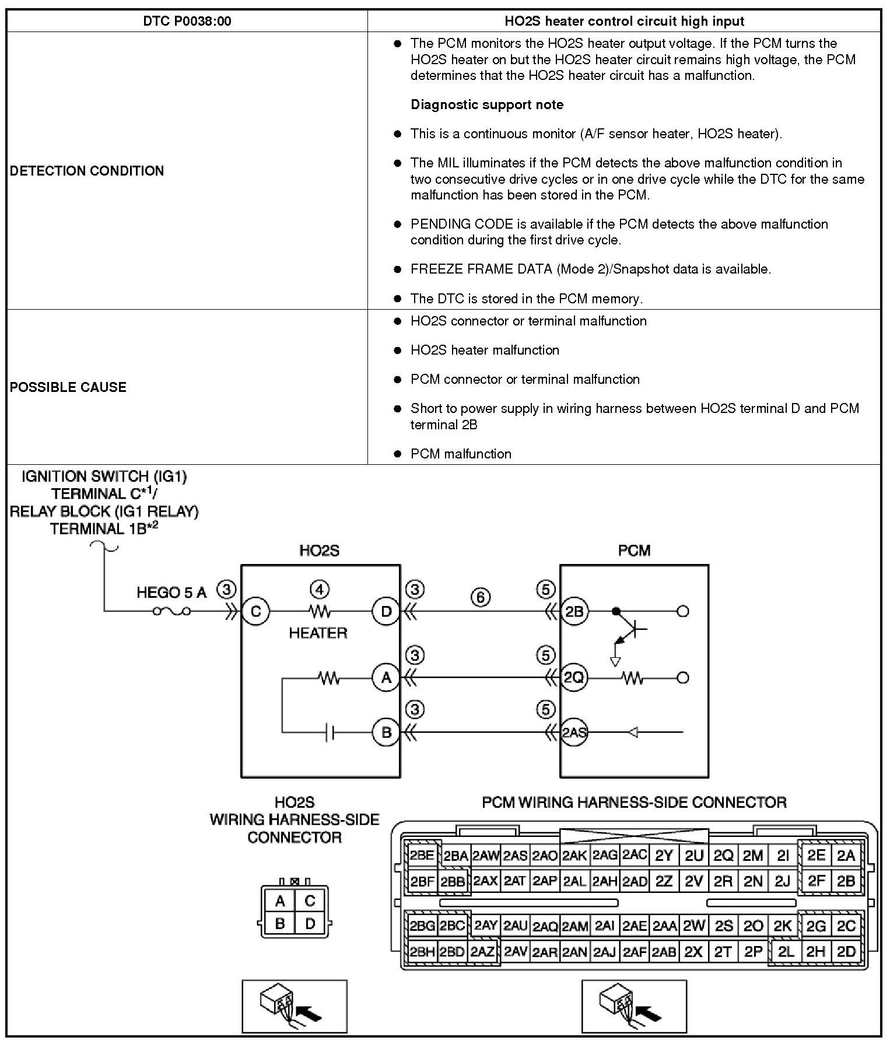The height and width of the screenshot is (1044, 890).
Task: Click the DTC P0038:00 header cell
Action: pyautogui.click(x=187, y=22)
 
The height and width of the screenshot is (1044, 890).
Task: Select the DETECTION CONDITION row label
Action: pyautogui.click(x=87, y=171)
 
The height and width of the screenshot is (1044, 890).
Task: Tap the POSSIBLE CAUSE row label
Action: pyautogui.click(x=68, y=387)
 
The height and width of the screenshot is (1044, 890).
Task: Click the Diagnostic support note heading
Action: pyautogui.click(x=487, y=105)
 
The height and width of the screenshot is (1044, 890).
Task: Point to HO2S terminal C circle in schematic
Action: pyautogui.click(x=255, y=612)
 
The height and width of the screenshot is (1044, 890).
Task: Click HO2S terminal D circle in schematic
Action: pyautogui.click(x=386, y=612)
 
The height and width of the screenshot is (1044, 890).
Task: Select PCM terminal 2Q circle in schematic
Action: pyautogui.click(x=574, y=678)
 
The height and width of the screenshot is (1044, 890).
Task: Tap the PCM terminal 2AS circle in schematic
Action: pyautogui.click(x=574, y=733)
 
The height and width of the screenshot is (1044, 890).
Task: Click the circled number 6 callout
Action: pyautogui.click(x=481, y=597)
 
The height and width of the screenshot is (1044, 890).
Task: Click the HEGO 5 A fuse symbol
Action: pyautogui.click(x=171, y=612)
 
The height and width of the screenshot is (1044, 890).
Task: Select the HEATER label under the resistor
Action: pyautogui.click(x=318, y=633)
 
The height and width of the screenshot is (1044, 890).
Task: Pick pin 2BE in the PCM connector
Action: pyautogui.click(x=422, y=856)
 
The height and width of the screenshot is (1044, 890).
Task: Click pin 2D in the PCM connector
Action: pyautogui.click(x=846, y=952)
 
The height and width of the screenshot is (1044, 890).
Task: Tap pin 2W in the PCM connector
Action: pyautogui.click(x=694, y=925)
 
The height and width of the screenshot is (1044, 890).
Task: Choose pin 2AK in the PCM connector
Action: pyautogui.click(x=574, y=856)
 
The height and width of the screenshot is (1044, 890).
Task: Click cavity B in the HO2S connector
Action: pyautogui.click(x=280, y=924)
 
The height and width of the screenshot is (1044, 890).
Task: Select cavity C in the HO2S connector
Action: pyautogui.click(x=310, y=902)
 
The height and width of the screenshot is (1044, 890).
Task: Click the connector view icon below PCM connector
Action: pyautogui.click(x=634, y=1006)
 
